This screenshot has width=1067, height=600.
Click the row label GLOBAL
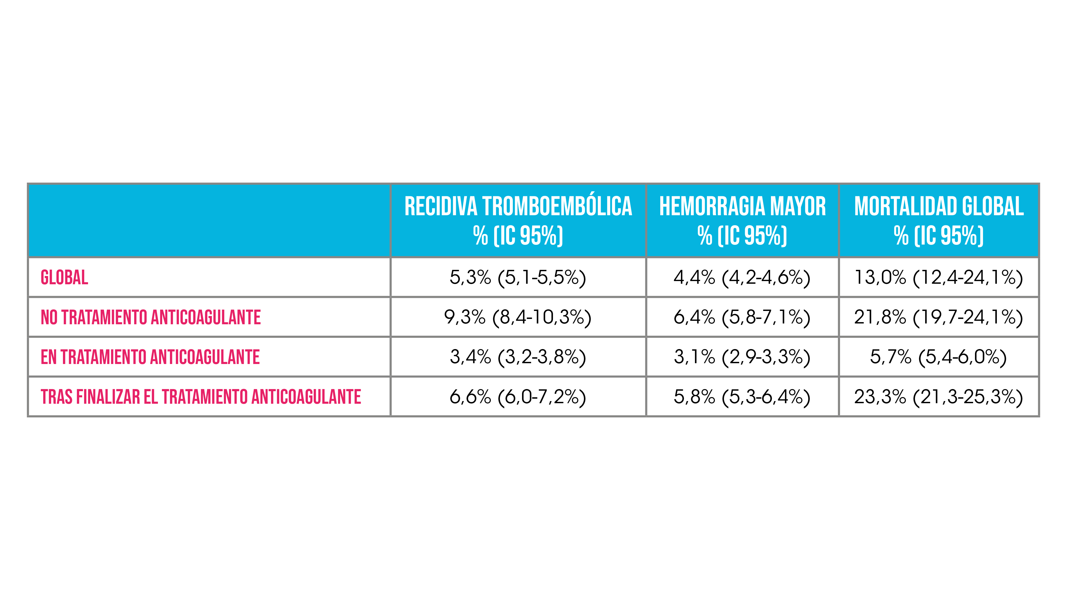click(x=64, y=277)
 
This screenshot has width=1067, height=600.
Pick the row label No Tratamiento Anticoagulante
click(x=151, y=317)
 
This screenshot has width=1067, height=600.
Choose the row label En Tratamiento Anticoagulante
click(x=150, y=357)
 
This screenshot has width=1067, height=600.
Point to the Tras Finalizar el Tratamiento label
click(x=201, y=397)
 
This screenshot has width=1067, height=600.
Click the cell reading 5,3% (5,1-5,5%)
click(x=518, y=277)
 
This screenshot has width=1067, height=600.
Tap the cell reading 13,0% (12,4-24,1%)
click(x=939, y=277)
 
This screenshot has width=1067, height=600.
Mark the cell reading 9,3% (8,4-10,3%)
click(x=518, y=317)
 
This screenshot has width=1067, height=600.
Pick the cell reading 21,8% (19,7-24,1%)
click(x=939, y=317)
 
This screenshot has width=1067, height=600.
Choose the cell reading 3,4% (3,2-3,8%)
click(x=518, y=357)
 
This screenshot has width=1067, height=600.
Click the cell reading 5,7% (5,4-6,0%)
click(x=939, y=357)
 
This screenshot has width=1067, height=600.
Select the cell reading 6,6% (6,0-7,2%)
click(x=518, y=397)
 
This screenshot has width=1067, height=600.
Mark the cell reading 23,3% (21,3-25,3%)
click(x=939, y=397)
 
